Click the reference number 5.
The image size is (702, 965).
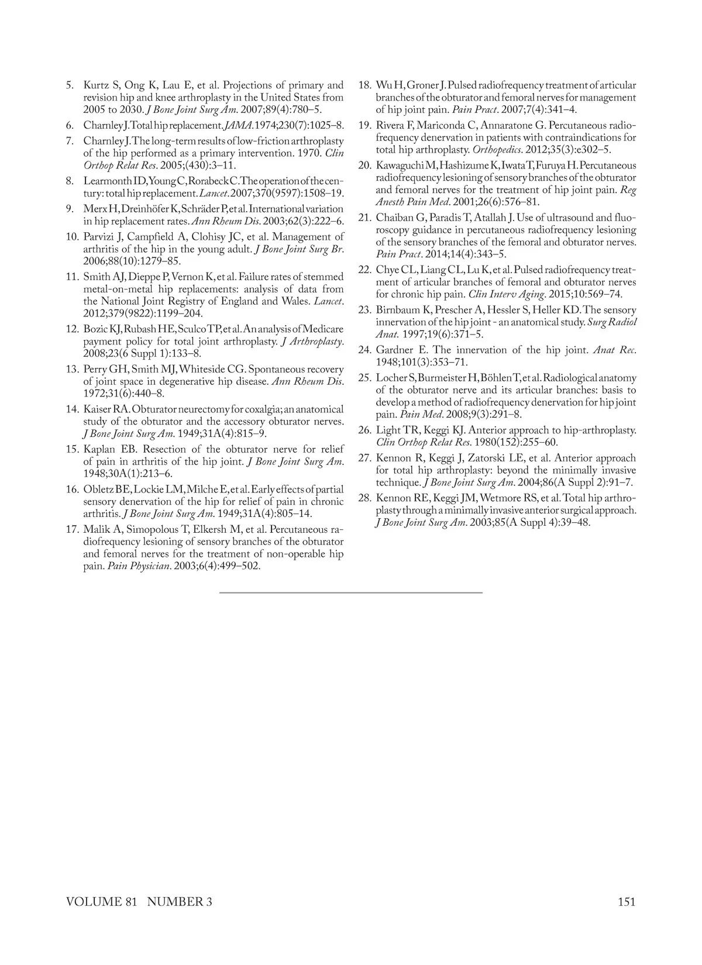70,85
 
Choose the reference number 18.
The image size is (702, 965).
364,85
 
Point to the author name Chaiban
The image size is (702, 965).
395,218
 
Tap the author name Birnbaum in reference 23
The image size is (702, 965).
398,310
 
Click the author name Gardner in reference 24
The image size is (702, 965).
395,350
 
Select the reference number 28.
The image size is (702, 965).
364,498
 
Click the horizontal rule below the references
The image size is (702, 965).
351,592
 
